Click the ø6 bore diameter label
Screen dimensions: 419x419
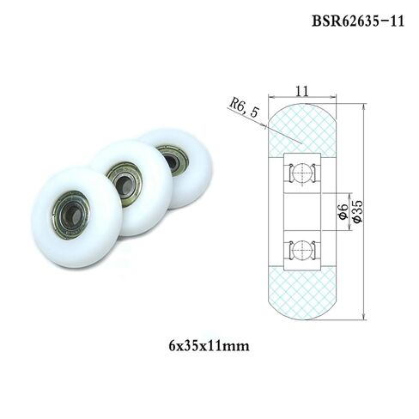pyautogui.click(x=343, y=209)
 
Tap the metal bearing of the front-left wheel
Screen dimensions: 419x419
pyautogui.click(x=68, y=210)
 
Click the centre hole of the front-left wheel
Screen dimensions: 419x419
pyautogui.click(x=68, y=211)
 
